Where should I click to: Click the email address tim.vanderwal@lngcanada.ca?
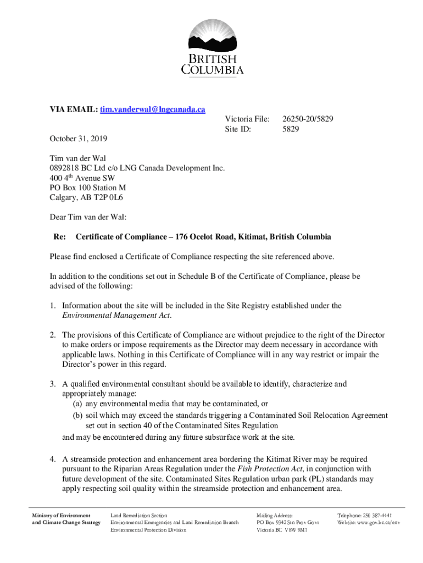152,110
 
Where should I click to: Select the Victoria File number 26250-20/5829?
308,119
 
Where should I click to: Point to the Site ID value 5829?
291,130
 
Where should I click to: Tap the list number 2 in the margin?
53,335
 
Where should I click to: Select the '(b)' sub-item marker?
79,415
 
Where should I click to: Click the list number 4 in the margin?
53,459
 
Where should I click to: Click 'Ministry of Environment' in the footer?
61,515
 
